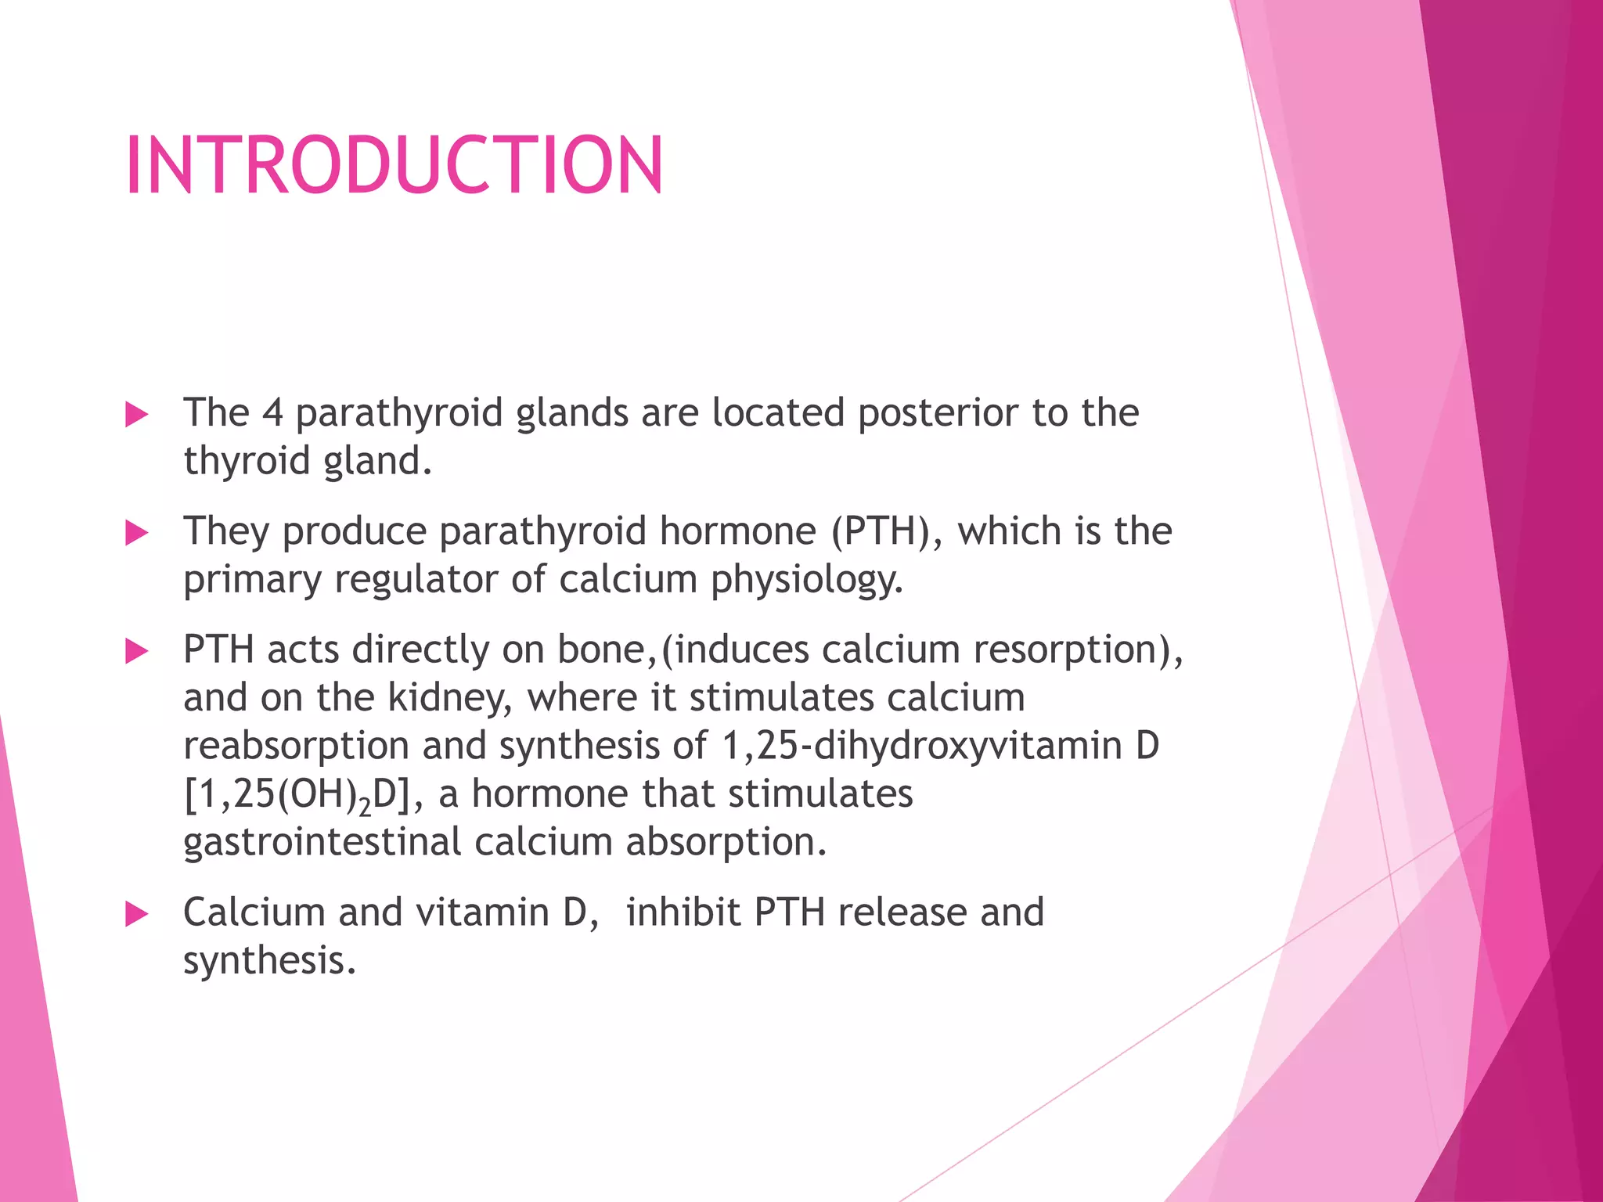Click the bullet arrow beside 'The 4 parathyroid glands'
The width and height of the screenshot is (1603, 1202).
[136, 415]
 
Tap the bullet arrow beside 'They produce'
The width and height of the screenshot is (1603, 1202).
[136, 534]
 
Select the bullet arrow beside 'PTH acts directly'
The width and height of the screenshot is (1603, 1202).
[136, 651]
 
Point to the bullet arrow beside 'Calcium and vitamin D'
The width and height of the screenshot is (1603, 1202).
[136, 914]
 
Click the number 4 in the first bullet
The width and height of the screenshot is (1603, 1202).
[272, 413]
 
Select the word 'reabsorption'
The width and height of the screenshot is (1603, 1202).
[296, 746]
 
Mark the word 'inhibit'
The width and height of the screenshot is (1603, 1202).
[683, 912]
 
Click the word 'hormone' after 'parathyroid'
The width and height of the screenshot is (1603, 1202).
[737, 531]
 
